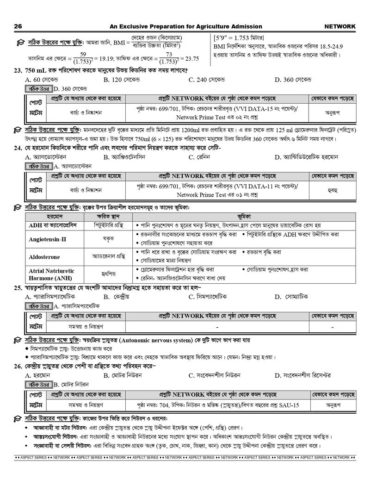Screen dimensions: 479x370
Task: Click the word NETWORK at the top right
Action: pyautogui.click(x=340, y=26)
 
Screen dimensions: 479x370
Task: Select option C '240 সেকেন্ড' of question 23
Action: pyautogui.click(x=206, y=80)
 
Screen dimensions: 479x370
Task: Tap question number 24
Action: pyautogui.click(x=18, y=148)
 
